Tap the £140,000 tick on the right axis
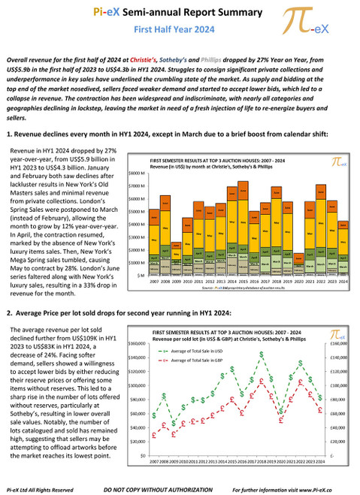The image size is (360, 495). (x=337, y=358)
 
